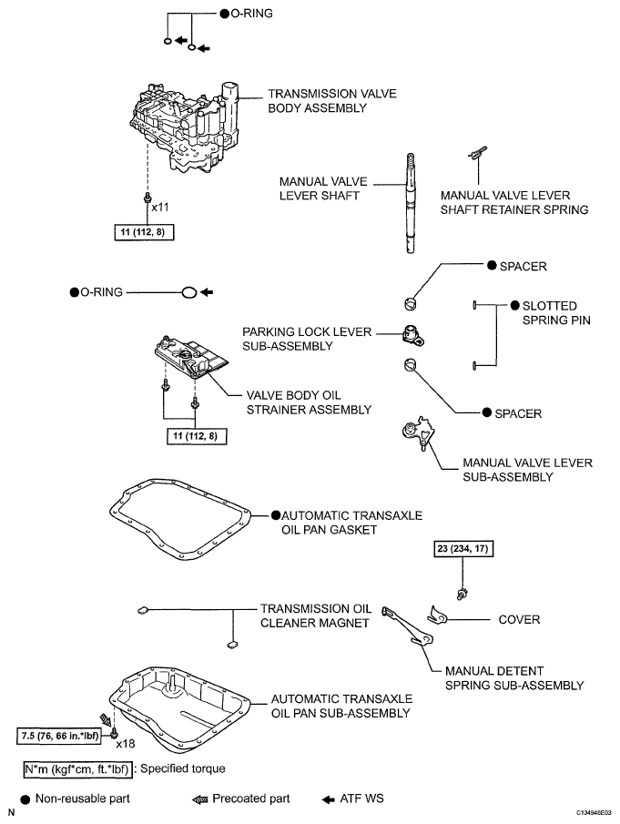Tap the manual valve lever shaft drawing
click(411, 200)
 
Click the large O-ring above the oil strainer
click(188, 293)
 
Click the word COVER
click(521, 619)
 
